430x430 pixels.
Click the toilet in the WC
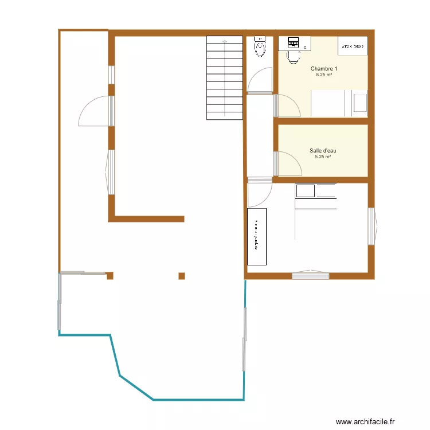pyautogui.click(x=260, y=47)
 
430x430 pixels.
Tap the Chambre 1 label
pyautogui.click(x=324, y=69)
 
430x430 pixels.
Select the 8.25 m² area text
pyautogui.click(x=324, y=75)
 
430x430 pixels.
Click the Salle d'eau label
pyautogui.click(x=323, y=151)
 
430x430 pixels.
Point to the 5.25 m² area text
pyautogui.click(x=323, y=157)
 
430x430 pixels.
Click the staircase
pyautogui.click(x=224, y=77)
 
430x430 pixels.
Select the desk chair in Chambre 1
pyautogui.click(x=294, y=56)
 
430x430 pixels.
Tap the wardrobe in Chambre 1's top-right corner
pyautogui.click(x=353, y=46)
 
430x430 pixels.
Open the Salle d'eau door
pyautogui.click(x=288, y=163)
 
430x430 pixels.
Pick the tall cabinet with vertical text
pyautogui.click(x=257, y=236)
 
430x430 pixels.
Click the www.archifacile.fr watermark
pyautogui.click(x=366, y=421)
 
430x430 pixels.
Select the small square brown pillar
pyautogui.click(x=182, y=276)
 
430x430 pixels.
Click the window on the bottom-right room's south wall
pyautogui.click(x=310, y=275)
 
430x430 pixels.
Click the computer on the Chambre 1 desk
pyautogui.click(x=294, y=42)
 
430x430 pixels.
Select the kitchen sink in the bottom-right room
pyautogui.click(x=306, y=190)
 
